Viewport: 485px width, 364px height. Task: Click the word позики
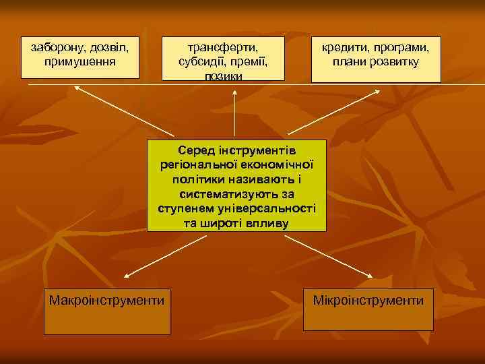222,75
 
